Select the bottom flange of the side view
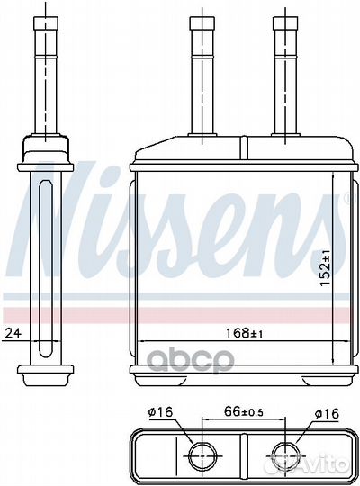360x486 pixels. tap(46, 370)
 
